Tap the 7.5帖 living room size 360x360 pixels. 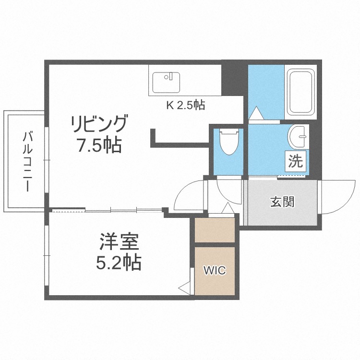point(100,144)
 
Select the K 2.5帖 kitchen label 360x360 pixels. point(185,106)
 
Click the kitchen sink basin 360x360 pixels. point(166,82)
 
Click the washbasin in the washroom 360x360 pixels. point(299,137)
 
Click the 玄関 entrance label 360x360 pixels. point(282,202)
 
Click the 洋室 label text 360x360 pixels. point(120,241)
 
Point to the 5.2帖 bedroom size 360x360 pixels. point(120,262)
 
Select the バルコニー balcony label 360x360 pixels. point(27,161)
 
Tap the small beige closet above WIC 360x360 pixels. point(215,230)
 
